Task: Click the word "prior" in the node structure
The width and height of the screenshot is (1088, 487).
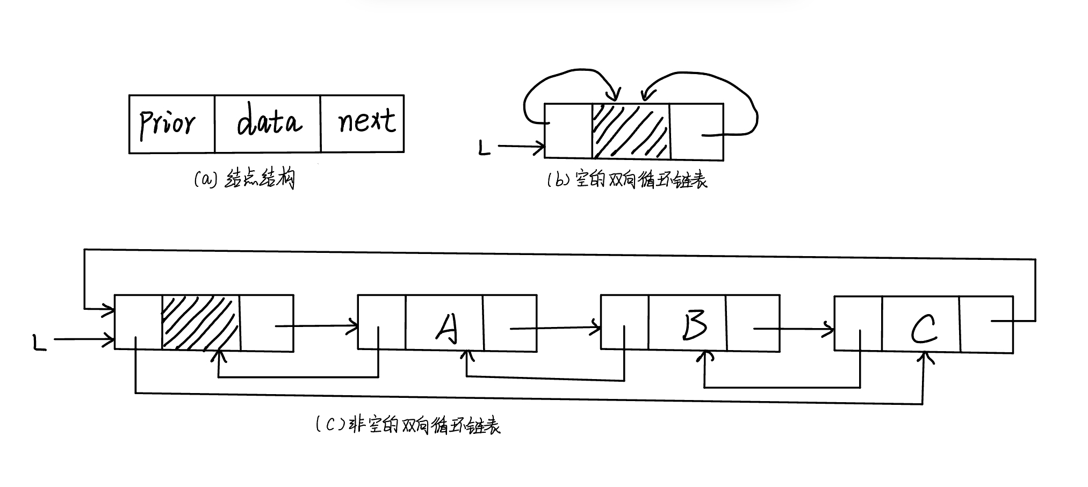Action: (167, 123)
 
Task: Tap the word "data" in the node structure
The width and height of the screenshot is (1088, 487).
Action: (269, 120)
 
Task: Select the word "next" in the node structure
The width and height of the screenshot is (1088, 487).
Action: (367, 120)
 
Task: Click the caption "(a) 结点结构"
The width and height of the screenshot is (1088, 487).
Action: (244, 179)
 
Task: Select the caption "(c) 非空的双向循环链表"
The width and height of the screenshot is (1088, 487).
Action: (408, 425)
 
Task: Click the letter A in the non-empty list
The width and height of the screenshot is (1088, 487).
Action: (445, 328)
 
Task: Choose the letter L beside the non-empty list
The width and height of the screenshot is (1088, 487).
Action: (40, 343)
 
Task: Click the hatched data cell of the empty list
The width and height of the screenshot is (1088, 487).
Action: (631, 132)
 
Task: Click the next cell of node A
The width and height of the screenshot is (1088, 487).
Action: (510, 324)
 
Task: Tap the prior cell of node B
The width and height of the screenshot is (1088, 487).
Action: (624, 324)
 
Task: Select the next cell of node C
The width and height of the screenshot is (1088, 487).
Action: (986, 324)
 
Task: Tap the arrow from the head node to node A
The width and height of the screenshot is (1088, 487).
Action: (317, 325)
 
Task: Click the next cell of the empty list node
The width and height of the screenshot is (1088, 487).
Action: (696, 132)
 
